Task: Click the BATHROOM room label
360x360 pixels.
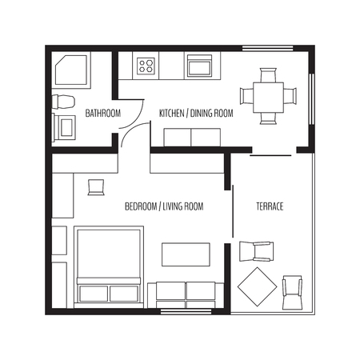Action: click(103, 113)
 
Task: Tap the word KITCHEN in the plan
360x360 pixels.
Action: click(172, 113)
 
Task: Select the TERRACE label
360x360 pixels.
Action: click(270, 206)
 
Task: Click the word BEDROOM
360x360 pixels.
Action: click(141, 206)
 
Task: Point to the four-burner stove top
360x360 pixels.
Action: click(146, 66)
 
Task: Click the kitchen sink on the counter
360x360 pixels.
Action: click(199, 66)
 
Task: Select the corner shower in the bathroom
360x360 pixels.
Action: click(71, 70)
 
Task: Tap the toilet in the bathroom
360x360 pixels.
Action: click(63, 102)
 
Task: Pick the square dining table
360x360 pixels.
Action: click(268, 98)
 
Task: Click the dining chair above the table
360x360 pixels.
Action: click(268, 75)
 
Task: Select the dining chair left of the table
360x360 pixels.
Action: click(246, 96)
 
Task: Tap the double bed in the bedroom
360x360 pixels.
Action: click(109, 266)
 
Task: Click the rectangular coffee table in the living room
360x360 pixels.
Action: click(186, 254)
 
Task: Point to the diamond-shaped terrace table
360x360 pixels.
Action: click(258, 287)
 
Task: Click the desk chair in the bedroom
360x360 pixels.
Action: click(96, 187)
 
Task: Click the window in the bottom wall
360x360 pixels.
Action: click(186, 311)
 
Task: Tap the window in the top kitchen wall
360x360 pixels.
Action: click(268, 48)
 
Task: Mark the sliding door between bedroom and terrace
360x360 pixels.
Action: click(233, 211)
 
